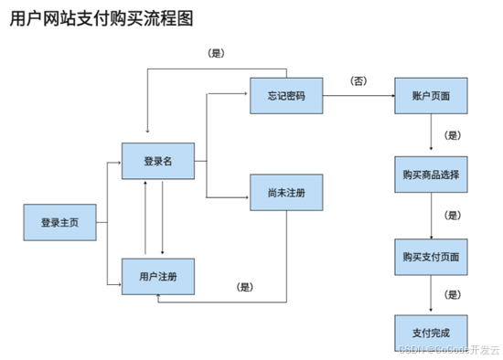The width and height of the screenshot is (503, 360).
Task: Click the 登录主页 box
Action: click(x=59, y=222)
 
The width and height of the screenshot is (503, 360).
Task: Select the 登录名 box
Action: click(x=157, y=161)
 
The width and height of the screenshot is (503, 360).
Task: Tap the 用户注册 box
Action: click(x=157, y=276)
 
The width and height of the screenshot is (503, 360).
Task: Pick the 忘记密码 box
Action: click(x=285, y=96)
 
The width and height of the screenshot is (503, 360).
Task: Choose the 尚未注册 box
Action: click(x=285, y=194)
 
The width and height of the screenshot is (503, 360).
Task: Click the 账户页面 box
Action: click(x=431, y=96)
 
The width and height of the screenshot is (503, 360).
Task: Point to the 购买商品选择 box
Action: click(x=431, y=175)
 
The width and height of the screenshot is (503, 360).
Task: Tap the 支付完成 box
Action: click(x=431, y=333)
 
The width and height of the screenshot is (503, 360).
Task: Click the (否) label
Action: click(x=359, y=80)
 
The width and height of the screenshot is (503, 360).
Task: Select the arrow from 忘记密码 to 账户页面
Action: click(x=359, y=96)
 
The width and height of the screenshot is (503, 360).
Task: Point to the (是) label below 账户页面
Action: click(x=452, y=135)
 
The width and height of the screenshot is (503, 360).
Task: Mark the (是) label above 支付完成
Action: click(x=452, y=294)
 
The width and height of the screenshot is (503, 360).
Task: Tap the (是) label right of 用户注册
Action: click(x=244, y=287)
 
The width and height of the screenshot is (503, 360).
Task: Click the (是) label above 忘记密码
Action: click(x=217, y=53)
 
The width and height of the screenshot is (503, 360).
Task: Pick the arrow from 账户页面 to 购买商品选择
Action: click(x=431, y=135)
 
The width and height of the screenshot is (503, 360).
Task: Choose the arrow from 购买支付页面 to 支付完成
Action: click(x=431, y=294)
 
